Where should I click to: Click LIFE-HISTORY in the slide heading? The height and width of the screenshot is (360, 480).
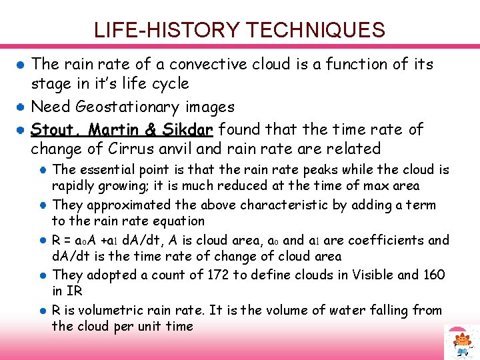167,30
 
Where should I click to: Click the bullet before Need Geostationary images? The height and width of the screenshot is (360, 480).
21,107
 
